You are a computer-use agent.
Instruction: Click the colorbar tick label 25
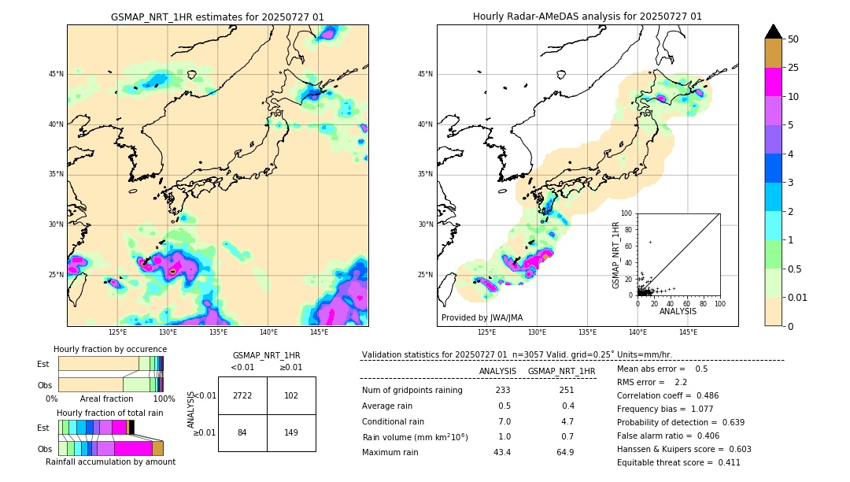793,69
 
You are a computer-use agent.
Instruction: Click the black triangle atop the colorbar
774,32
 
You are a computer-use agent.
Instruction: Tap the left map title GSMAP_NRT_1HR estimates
217,17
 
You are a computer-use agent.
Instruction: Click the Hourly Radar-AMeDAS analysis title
587,17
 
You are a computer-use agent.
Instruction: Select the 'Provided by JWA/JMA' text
482,317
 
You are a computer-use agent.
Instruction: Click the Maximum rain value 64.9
564,452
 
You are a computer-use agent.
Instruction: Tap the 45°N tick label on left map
56,74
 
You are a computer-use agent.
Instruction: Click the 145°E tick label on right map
688,333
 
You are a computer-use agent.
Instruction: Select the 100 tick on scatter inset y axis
627,213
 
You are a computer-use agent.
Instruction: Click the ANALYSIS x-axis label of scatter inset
678,312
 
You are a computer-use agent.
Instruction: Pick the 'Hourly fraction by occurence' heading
110,349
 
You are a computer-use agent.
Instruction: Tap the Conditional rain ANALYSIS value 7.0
504,421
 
